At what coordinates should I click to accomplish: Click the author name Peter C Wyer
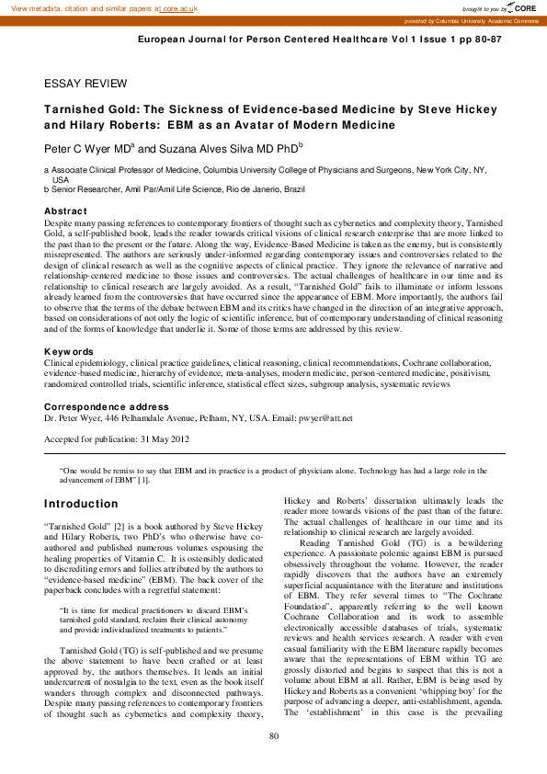click(86, 147)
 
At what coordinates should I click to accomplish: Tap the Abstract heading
click(65, 211)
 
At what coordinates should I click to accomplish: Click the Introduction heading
click(82, 504)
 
